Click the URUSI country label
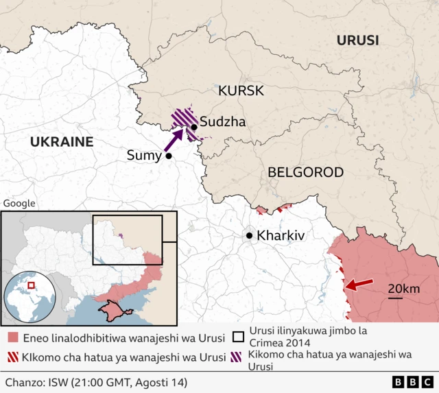[357, 40]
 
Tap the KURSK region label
[240, 91]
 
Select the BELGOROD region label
[305, 172]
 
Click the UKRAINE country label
[61, 142]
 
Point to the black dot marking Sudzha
[195, 127]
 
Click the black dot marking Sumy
[168, 156]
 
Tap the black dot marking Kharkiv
[250, 236]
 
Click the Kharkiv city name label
[281, 236]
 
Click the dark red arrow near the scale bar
[359, 283]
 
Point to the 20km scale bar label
[403, 289]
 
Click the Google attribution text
[19, 203]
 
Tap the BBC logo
[413, 381]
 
